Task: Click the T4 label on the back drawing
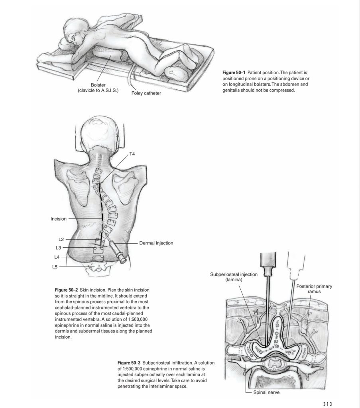click(132, 154)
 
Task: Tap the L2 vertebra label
click(61, 239)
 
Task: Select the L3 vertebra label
click(58, 248)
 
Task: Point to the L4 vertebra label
click(57, 257)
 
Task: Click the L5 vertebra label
click(55, 267)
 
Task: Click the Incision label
click(59, 219)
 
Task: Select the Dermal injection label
click(156, 243)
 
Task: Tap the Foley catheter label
click(146, 93)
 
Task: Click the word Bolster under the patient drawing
click(98, 85)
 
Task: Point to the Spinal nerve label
click(266, 392)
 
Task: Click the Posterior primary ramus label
click(314, 289)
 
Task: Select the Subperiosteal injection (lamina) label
click(234, 277)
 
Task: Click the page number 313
click(327, 404)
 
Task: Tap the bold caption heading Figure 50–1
click(234, 72)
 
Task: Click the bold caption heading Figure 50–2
click(66, 290)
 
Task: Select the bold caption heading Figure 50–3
click(129, 363)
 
